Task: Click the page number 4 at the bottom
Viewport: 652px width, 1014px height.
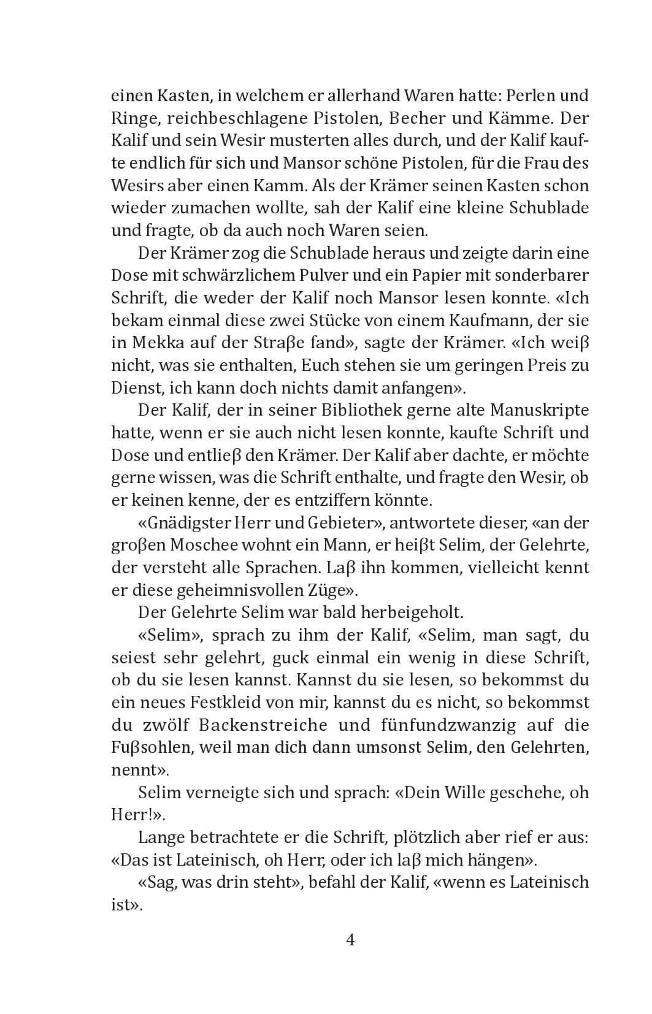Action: coord(351,939)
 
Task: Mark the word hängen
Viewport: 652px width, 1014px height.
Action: coord(504,860)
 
